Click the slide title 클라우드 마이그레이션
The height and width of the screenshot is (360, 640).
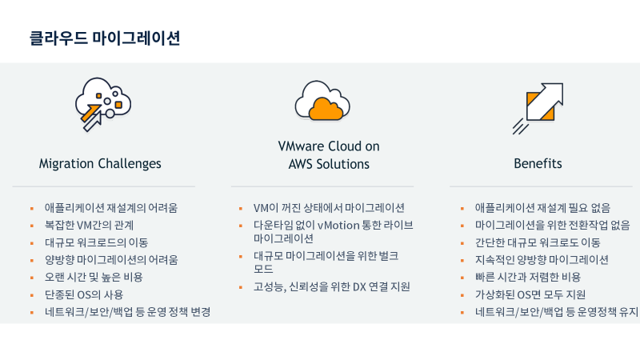104,38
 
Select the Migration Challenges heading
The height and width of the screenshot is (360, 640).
100,164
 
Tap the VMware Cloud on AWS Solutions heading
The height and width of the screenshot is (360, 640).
329,155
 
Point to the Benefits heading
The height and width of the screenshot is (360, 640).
538,164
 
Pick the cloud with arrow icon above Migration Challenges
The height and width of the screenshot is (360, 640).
102,102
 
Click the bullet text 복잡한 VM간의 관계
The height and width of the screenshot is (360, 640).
89,225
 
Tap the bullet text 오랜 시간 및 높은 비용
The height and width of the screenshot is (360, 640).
94,277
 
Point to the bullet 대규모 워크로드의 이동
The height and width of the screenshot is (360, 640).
96,242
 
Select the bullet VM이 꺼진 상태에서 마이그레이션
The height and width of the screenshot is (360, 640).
329,207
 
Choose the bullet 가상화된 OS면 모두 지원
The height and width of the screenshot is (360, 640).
530,294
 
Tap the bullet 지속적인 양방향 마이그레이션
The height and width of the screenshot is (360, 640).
542,260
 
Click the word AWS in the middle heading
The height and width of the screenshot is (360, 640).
303,164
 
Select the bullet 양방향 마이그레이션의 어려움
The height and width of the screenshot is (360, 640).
111,260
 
